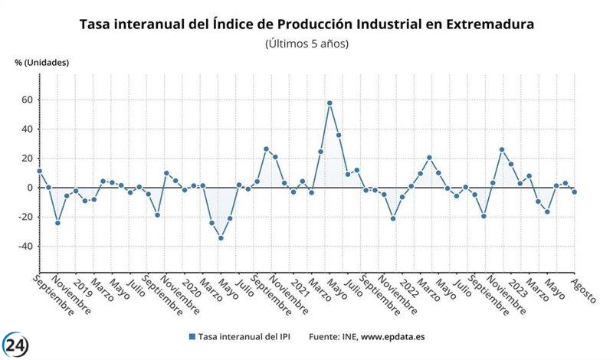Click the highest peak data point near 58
(329, 103)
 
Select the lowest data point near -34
(221, 237)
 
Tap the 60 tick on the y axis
(26, 100)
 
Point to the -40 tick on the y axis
(24, 247)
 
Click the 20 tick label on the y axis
(26, 159)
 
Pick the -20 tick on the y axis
(24, 218)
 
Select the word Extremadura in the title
(485, 25)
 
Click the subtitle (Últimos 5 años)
(306, 44)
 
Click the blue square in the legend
(191, 336)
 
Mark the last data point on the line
(574, 191)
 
